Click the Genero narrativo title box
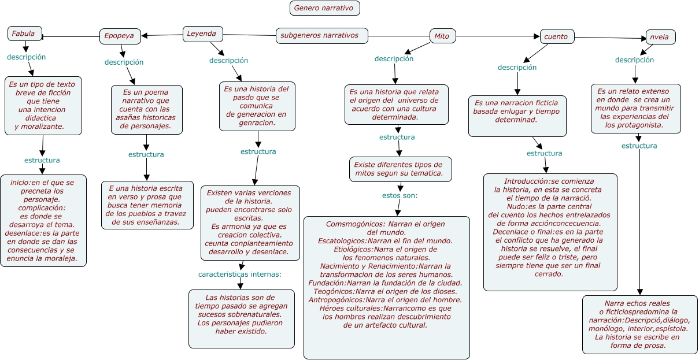[x=324, y=8]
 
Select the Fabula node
[x=25, y=34]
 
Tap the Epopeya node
[x=120, y=36]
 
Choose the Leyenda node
[x=202, y=34]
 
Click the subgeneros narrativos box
[x=321, y=36]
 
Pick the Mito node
[x=442, y=36]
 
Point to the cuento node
[x=557, y=36]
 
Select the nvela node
[x=661, y=37]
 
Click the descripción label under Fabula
[x=26, y=57]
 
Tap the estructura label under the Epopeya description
[x=146, y=154]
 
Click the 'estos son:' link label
[x=400, y=195]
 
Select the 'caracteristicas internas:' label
[x=240, y=274]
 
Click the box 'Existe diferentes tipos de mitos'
[x=400, y=169]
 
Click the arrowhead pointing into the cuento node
[x=537, y=36]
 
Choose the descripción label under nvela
[x=634, y=60]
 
